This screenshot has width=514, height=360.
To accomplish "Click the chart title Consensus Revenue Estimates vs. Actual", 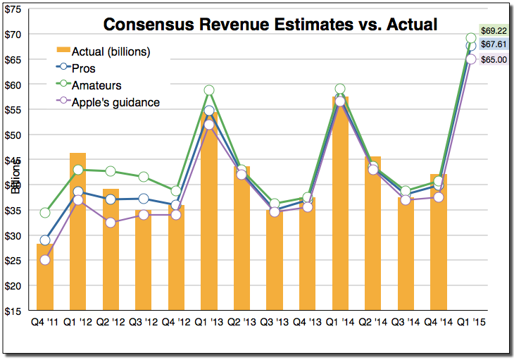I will click(270, 24).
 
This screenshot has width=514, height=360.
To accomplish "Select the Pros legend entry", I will click(84, 68).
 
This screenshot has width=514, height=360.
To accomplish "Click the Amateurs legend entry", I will click(96, 85).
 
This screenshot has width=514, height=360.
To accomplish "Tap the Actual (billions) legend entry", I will click(111, 51).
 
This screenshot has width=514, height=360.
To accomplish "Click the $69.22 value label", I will click(494, 32).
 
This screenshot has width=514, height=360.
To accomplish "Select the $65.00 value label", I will click(494, 60).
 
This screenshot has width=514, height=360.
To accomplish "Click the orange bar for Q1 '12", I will click(78, 232).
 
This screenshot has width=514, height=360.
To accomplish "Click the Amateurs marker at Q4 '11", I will click(45, 213).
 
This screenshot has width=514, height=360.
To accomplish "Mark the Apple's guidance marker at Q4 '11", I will click(45, 260).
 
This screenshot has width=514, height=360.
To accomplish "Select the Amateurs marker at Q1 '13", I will click(209, 90).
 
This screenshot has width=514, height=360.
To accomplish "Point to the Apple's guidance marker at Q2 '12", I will click(111, 223).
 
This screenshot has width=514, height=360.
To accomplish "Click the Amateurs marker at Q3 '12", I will click(144, 177).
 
